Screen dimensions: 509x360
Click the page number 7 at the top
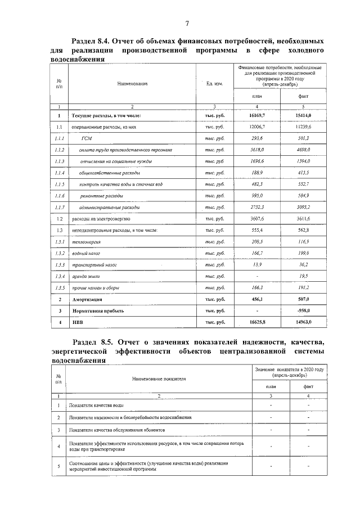[x=186, y=22]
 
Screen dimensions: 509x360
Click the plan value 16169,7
[x=256, y=115]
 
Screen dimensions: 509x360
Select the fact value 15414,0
[x=304, y=115]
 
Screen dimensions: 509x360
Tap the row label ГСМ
[x=87, y=138]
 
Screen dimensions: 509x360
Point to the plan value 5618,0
[x=256, y=151]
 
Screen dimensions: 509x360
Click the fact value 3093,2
[x=304, y=208]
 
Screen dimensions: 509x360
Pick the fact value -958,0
[x=304, y=310]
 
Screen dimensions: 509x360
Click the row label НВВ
[x=77, y=322]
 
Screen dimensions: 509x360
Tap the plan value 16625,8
[x=256, y=322]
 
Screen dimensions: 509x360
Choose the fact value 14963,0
[x=304, y=322]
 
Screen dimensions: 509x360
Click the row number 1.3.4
[x=60, y=276]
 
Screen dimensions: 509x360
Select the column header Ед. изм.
[x=215, y=84]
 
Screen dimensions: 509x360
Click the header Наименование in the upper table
[x=132, y=84]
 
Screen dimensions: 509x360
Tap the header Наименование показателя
[x=158, y=379]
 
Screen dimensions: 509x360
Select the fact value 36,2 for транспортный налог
[x=304, y=264]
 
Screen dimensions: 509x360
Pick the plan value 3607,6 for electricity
[x=256, y=219]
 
